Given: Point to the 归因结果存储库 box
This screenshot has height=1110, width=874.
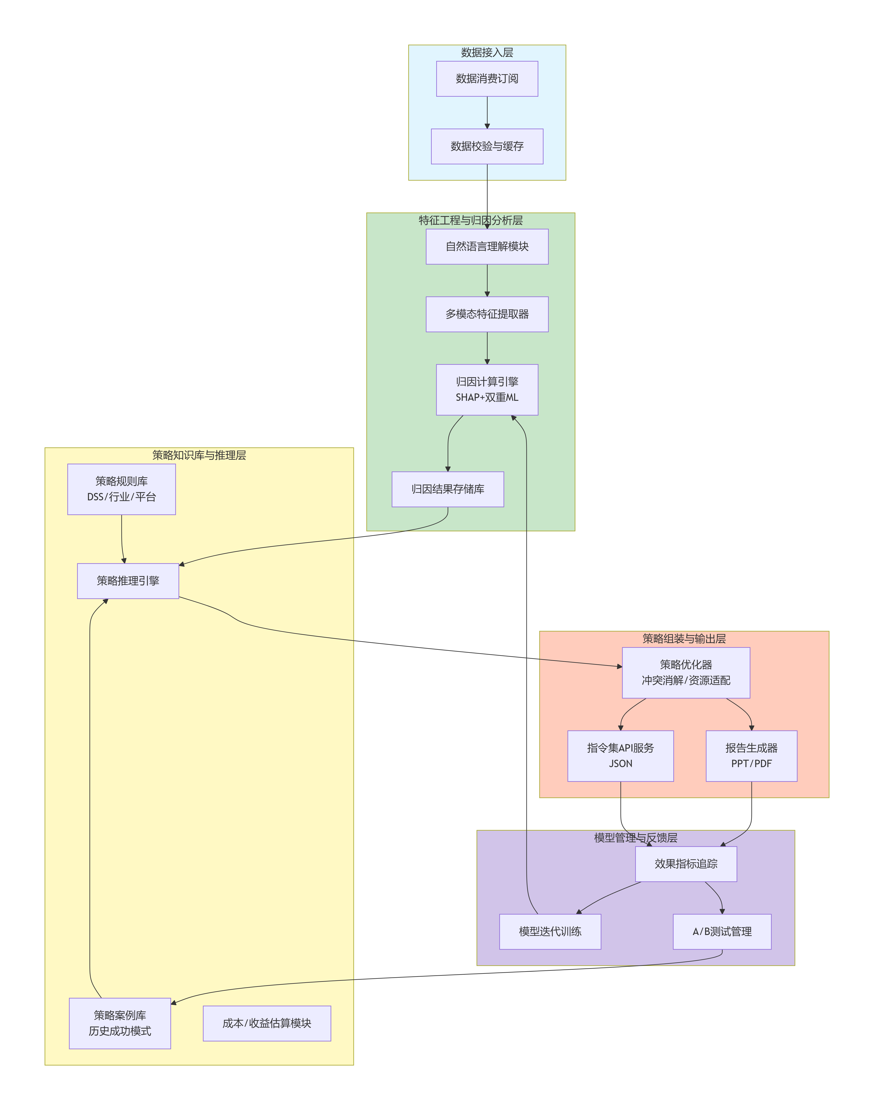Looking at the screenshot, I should pyautogui.click(x=448, y=490).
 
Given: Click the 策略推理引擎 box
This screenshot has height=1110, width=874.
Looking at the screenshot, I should pyautogui.click(x=128, y=581).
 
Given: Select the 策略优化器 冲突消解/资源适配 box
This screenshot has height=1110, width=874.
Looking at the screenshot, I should pyautogui.click(x=686, y=673).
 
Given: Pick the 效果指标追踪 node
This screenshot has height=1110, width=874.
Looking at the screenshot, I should pyautogui.click(x=686, y=864).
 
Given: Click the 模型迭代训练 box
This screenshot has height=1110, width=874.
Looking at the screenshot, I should pyautogui.click(x=550, y=932).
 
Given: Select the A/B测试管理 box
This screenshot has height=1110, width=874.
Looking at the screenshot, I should pyautogui.click(x=722, y=932).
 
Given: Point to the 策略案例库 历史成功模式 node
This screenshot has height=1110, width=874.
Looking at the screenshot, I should pyautogui.click(x=120, y=1023).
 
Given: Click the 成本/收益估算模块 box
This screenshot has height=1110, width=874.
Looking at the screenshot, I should pyautogui.click(x=267, y=1023).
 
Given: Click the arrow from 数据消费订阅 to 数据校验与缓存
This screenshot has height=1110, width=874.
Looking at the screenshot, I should pyautogui.click(x=487, y=113).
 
